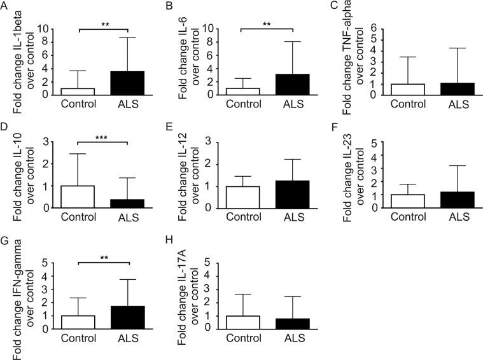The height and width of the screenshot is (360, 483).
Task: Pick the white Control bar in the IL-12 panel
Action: coord(242,197)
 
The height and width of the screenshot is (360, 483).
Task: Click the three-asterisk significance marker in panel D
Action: coord(102,135)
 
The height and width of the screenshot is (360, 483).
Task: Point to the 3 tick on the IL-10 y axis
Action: coord(46,141)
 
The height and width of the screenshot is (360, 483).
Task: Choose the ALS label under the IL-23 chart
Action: coord(457,216)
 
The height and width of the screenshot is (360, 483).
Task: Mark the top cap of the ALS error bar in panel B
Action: coord(292,41)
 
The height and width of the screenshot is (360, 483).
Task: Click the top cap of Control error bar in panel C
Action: coord(407,57)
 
